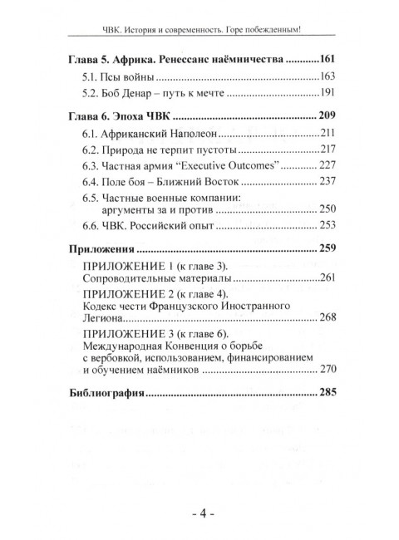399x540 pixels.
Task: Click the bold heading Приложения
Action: (x=100, y=248)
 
